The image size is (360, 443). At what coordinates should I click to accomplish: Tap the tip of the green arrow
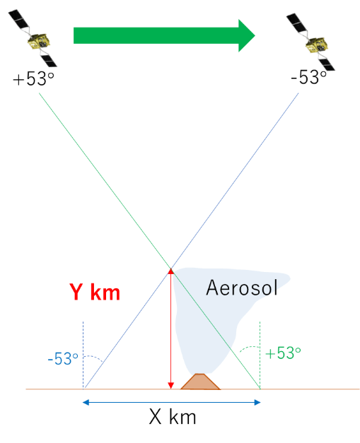(255, 35)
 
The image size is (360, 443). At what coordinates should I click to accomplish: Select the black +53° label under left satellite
(33, 78)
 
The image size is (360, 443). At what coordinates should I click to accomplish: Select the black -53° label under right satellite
(308, 76)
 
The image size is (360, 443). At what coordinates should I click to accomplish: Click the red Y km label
(95, 292)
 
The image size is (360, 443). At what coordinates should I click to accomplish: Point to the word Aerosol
(242, 288)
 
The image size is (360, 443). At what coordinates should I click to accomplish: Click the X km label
(173, 417)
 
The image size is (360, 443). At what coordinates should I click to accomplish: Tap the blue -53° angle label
(63, 359)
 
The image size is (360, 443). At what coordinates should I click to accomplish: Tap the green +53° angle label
(283, 353)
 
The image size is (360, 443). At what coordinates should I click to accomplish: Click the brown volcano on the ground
(200, 382)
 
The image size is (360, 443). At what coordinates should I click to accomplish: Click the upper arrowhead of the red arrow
(171, 271)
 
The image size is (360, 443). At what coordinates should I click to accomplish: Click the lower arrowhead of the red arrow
(171, 386)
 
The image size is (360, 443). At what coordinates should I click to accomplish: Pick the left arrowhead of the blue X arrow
(86, 402)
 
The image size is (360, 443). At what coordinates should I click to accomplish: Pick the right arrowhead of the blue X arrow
(257, 402)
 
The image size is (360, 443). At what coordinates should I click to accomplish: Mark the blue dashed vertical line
(83, 355)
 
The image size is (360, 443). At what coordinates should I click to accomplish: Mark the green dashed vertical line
(260, 355)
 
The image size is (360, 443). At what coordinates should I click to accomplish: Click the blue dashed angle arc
(94, 357)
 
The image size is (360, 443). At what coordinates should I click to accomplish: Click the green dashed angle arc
(249, 348)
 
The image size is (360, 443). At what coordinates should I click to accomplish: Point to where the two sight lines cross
(171, 268)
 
